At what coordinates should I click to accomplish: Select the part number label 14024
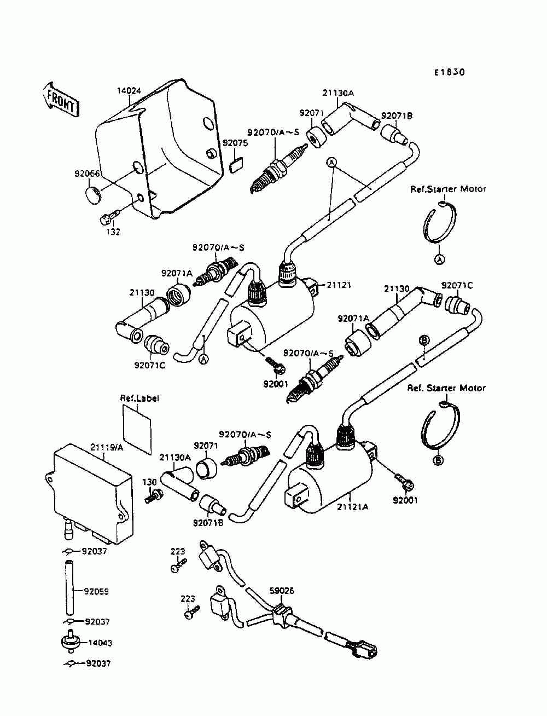(x=129, y=91)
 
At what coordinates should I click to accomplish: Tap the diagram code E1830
(x=449, y=72)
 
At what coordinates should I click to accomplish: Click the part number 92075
(x=235, y=143)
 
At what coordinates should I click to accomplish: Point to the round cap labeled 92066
(x=94, y=195)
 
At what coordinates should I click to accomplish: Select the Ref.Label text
(x=139, y=399)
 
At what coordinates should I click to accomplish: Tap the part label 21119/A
(x=107, y=448)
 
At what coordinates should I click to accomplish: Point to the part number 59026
(x=282, y=591)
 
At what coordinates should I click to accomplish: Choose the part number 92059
(x=96, y=591)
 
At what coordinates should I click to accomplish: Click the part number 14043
(x=100, y=643)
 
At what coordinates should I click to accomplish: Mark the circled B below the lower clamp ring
(x=439, y=460)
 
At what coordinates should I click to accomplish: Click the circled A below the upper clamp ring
(x=439, y=259)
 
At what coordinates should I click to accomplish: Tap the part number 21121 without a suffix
(x=339, y=285)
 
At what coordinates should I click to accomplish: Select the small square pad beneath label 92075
(x=236, y=165)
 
